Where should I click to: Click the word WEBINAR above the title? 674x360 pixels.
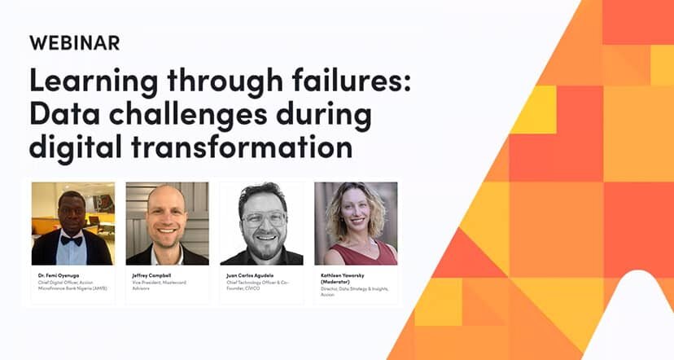(74, 42)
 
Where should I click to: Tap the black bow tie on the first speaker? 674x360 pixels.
(71, 240)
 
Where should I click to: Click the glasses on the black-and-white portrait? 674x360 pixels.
(262, 218)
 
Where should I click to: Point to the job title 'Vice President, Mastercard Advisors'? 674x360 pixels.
(160, 285)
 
